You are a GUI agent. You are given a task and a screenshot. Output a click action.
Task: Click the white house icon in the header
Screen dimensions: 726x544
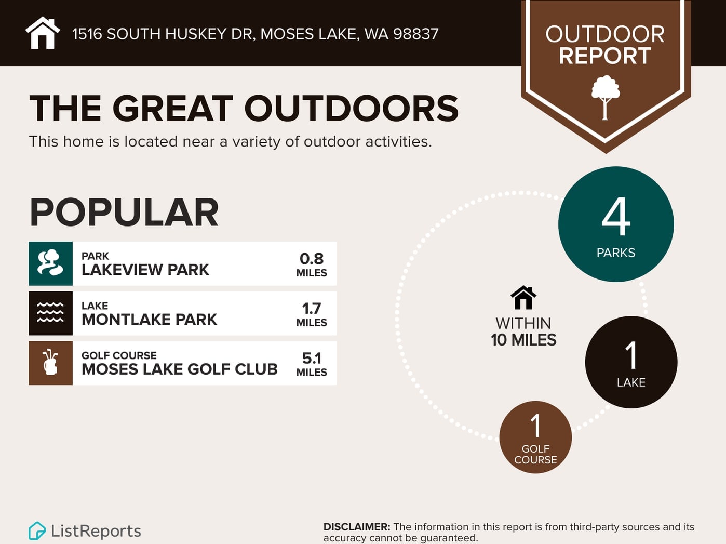point(43,33)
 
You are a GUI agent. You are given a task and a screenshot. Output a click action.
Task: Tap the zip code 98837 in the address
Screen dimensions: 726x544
point(416,34)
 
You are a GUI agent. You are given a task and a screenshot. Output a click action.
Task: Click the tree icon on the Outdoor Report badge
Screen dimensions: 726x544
point(606,98)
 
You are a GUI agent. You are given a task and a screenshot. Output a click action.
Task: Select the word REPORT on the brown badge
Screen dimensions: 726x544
point(605,56)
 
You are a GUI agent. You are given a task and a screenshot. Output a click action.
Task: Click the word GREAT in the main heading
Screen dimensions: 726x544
point(172,108)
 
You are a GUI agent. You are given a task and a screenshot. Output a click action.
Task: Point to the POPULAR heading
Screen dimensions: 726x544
point(124,212)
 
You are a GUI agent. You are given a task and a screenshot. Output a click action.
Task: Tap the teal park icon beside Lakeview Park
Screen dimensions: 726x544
point(50,264)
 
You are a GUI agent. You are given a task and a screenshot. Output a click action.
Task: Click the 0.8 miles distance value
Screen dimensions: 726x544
point(312,264)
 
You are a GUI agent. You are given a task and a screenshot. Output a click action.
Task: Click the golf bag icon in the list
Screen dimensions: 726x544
point(50,363)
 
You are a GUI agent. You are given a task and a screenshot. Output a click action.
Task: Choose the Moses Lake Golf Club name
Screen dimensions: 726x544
point(180,369)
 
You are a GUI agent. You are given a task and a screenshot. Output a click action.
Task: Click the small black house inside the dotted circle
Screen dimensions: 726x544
point(523,298)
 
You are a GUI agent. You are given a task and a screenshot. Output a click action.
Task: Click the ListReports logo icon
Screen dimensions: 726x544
point(37,531)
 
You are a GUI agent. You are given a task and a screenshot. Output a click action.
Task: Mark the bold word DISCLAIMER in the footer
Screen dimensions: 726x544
point(357,527)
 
